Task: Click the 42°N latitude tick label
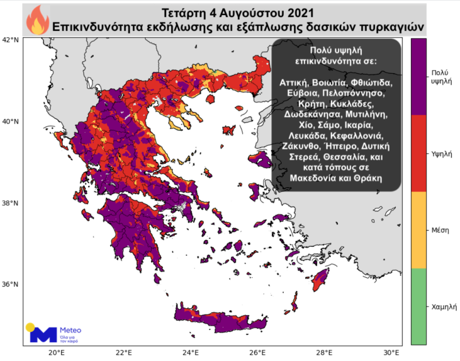[x=11, y=40]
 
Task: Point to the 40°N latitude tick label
[x=11, y=121]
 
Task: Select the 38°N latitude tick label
[x=11, y=203]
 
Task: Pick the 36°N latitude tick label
[x=11, y=285]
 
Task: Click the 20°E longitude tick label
[x=56, y=352]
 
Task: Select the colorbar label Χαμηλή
[x=440, y=307]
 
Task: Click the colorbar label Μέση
[x=440, y=230]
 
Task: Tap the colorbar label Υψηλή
[x=440, y=154]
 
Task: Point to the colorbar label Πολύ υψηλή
[x=440, y=77]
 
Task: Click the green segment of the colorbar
[x=419, y=306]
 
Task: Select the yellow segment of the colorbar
[x=419, y=230]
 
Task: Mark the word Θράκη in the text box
[x=371, y=178]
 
